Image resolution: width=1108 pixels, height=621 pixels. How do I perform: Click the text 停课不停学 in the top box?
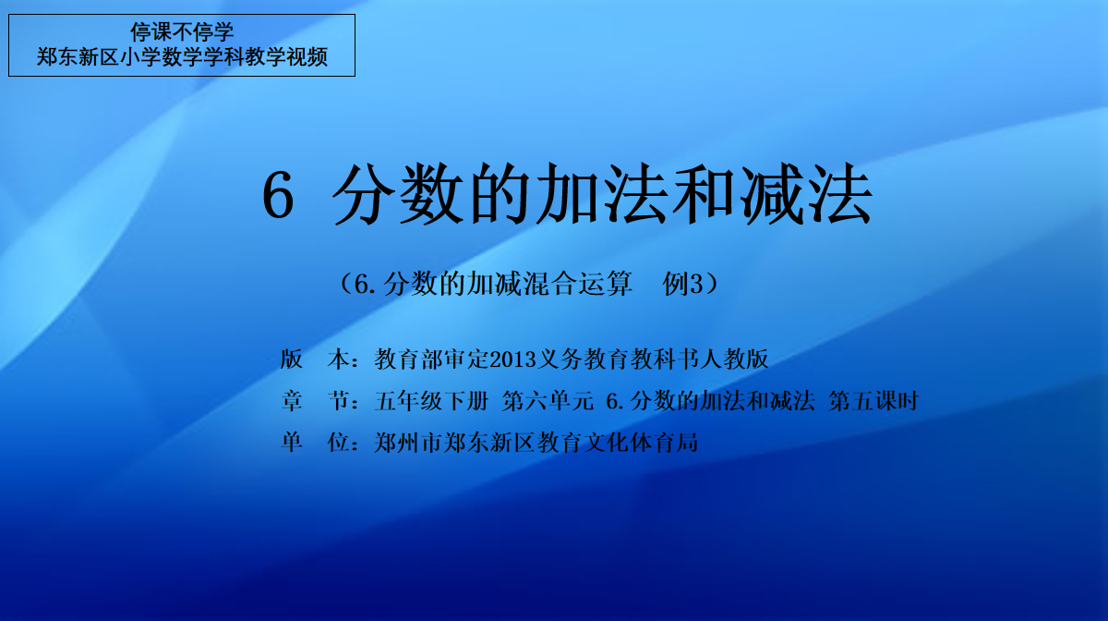click(x=182, y=32)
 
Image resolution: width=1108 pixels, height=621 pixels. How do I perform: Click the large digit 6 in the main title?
click(x=279, y=195)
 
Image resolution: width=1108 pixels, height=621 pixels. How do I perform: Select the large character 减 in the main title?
click(x=771, y=195)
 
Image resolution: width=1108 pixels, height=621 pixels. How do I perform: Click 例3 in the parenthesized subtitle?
click(x=682, y=284)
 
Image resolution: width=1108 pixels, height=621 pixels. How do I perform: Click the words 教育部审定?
click(x=431, y=359)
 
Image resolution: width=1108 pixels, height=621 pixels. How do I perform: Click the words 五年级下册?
click(x=431, y=401)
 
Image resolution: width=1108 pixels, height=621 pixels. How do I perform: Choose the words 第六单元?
click(x=548, y=401)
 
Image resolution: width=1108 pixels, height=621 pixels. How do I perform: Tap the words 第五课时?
click(x=873, y=401)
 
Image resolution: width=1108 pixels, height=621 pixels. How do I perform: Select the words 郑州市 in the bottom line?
click(x=408, y=443)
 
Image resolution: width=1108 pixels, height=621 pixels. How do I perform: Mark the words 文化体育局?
click(x=641, y=443)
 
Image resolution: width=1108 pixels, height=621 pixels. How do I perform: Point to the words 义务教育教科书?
click(x=619, y=359)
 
